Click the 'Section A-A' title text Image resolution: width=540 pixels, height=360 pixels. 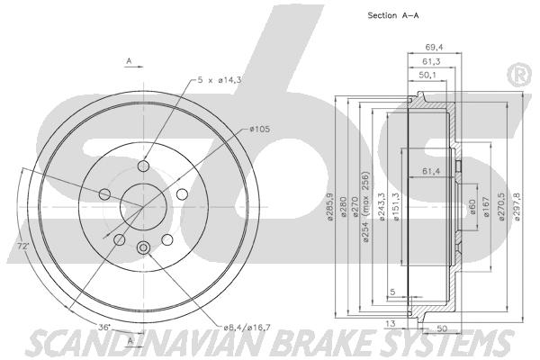tap(393, 15)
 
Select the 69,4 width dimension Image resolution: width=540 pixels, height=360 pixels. tap(434, 47)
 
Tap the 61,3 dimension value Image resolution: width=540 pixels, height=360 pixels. tap(431, 62)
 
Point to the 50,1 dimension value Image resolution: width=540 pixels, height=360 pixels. tap(427, 75)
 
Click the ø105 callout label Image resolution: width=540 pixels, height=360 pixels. tap(260, 130)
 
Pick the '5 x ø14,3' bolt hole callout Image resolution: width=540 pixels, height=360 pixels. tap(219, 80)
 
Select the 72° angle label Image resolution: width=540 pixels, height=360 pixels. tap(22, 246)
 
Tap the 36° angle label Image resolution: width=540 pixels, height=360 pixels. tap(104, 327)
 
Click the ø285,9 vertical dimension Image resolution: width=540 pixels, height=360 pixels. tap(330, 207)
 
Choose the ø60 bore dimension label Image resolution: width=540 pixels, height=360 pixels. tap(472, 206)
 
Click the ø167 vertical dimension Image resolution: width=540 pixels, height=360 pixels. tap(486, 206)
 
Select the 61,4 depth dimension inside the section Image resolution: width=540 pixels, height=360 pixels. tap(431, 170)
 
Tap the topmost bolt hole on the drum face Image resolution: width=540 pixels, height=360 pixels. tap(143, 166)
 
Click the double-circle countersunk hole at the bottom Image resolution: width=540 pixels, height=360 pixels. tap(143, 247)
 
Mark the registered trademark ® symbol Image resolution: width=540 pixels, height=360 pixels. tap(520, 76)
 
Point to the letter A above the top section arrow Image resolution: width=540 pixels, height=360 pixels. tap(129, 61)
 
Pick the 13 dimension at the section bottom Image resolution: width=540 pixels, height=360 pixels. tap(391, 323)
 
